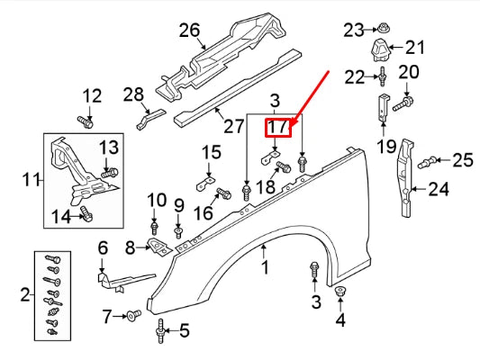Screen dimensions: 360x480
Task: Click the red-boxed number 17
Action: pos(280,128)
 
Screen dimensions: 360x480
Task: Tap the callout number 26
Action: pos(188,31)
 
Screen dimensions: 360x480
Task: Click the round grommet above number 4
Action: pos(340,292)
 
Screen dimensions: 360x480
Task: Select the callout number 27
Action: pos(234,126)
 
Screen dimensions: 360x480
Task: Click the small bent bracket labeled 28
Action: pos(149,117)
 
